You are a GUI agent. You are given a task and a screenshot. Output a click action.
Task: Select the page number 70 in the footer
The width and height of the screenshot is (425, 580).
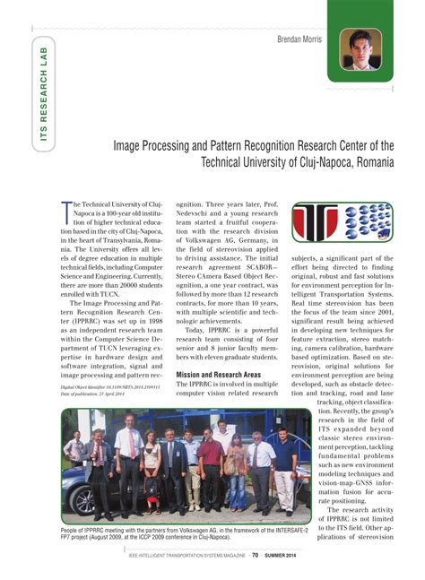[255, 554]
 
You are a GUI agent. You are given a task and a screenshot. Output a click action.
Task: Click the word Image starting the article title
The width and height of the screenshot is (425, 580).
[128, 144]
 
